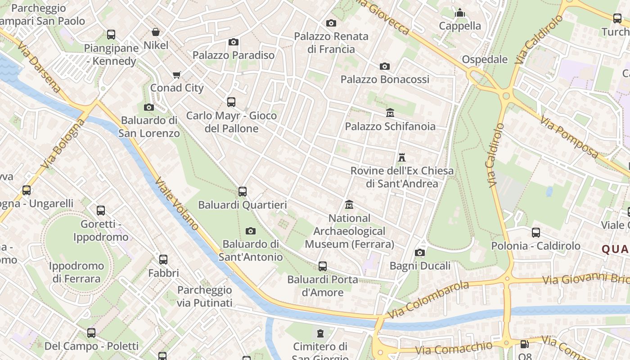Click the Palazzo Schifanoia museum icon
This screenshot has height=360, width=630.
(x=390, y=112)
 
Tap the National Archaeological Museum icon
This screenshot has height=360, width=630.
(x=349, y=205)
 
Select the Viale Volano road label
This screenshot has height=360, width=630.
(x=176, y=204)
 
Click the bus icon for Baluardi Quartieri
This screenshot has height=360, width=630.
(x=243, y=192)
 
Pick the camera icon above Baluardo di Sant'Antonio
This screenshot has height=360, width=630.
(x=251, y=231)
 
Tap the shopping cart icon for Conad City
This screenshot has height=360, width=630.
(x=177, y=75)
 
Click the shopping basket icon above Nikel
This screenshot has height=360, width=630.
(x=156, y=32)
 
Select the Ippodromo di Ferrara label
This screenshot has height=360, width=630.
(x=76, y=272)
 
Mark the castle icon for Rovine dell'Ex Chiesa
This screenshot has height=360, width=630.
(x=402, y=157)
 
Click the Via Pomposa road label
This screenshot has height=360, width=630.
(x=569, y=138)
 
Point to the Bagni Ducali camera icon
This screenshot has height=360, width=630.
(x=420, y=253)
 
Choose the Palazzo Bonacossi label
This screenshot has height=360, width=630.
(x=385, y=80)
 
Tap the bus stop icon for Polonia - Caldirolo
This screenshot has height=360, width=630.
(x=535, y=233)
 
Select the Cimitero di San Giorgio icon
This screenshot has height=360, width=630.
(x=320, y=333)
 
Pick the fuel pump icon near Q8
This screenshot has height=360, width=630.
(x=524, y=344)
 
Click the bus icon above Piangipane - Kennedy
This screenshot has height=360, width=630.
(x=111, y=35)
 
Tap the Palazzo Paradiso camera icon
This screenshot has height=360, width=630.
(x=233, y=42)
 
